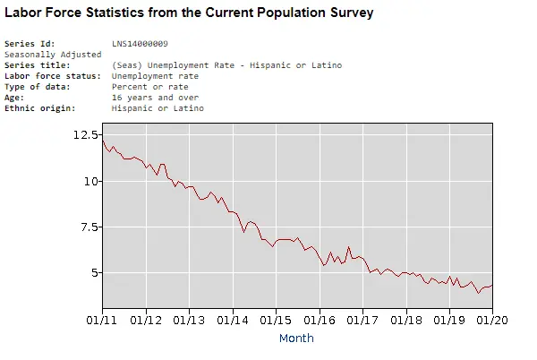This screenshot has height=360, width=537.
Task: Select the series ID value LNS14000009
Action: tap(141, 43)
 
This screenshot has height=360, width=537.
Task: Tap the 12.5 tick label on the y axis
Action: tap(86, 134)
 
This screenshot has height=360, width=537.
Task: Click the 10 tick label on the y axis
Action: tap(91, 181)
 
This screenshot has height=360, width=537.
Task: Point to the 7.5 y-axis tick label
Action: tap(88, 227)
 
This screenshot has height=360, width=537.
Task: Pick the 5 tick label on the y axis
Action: tap(94, 273)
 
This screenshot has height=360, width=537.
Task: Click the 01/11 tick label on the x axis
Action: tap(102, 318)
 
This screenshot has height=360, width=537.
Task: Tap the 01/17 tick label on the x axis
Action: tap(362, 318)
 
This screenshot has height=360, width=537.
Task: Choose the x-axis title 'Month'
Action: tap(296, 339)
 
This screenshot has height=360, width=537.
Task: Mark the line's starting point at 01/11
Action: tap(103, 141)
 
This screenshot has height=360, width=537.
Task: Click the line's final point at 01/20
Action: tap(492, 286)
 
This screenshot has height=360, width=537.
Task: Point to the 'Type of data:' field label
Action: tap(36, 87)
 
